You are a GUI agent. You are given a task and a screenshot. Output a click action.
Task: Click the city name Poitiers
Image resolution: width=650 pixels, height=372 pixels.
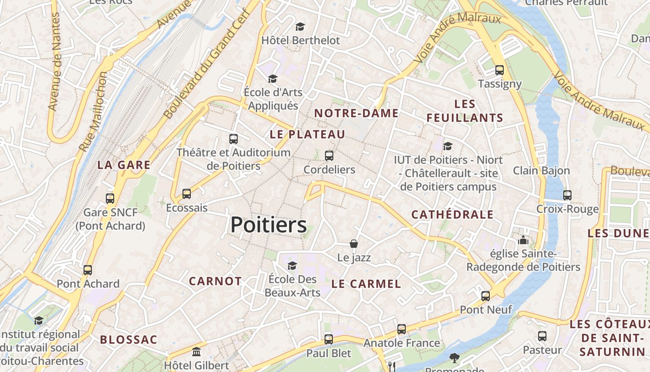(268, 225)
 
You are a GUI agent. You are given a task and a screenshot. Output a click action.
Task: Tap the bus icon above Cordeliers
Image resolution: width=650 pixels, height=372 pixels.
(329, 156)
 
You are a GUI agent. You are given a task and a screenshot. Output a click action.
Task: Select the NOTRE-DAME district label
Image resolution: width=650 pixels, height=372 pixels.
(357, 113)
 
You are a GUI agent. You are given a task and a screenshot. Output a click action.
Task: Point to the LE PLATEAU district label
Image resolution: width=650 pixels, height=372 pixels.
(307, 134)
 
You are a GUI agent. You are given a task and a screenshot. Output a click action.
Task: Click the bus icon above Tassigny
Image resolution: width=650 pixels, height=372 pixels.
(500, 70)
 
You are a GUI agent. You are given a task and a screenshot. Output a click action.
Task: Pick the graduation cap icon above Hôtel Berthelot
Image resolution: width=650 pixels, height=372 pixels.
(300, 27)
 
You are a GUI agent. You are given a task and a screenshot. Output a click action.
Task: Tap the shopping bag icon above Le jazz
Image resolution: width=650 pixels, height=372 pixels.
(354, 244)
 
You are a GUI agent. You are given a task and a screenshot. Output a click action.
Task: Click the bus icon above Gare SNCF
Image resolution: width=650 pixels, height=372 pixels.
(110, 199)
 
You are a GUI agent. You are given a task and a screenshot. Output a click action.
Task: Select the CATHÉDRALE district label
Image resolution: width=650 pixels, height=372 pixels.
(452, 214)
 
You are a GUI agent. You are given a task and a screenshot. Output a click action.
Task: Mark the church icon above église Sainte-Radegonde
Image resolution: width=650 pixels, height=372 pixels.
(523, 240)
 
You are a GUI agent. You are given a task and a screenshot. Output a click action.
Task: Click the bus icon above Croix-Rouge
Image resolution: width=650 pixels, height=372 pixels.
(567, 195)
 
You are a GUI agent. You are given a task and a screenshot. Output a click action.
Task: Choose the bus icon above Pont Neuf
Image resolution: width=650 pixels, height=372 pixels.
(486, 296)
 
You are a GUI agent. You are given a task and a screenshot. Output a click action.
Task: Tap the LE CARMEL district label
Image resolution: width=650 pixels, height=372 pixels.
(366, 284)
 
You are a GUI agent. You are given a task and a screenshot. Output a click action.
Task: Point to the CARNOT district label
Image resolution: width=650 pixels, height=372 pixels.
(215, 281)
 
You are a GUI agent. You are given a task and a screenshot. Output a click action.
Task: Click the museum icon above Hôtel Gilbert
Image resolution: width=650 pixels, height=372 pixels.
(196, 352)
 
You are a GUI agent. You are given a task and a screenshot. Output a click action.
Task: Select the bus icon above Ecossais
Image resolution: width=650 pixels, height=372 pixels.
(187, 193)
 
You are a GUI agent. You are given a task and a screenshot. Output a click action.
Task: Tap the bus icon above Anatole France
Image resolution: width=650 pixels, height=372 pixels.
(402, 329)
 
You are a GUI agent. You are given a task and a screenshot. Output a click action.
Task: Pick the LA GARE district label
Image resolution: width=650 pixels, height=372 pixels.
(124, 165)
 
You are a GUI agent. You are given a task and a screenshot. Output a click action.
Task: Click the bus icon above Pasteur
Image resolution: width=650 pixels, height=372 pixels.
(542, 336)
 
